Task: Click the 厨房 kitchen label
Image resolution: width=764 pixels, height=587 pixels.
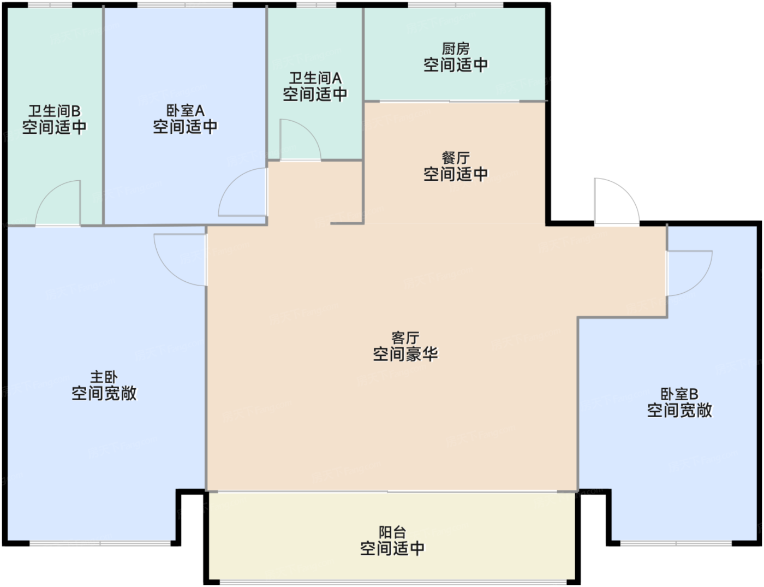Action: [x=456, y=49]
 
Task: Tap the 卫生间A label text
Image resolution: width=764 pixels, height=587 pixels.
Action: [x=315, y=78]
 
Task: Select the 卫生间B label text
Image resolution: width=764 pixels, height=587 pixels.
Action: [x=55, y=111]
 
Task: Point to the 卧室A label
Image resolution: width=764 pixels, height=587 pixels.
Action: [x=186, y=111]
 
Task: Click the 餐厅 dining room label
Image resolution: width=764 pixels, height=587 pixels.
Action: [x=456, y=158]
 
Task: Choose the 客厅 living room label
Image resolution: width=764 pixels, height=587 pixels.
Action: [x=405, y=338]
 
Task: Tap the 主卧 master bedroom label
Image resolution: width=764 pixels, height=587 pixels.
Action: [x=104, y=377]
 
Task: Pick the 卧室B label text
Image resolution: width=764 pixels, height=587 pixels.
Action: [x=679, y=394]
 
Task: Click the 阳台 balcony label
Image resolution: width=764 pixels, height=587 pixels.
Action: [x=392, y=532]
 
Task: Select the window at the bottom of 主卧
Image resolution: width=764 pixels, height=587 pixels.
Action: [x=100, y=543]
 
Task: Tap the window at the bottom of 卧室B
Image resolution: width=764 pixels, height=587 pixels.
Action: [x=676, y=543]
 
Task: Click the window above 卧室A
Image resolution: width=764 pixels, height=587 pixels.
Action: [x=185, y=5]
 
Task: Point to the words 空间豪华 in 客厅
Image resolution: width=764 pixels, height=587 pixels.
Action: [x=405, y=354]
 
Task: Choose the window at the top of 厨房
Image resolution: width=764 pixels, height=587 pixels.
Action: [x=456, y=5]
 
